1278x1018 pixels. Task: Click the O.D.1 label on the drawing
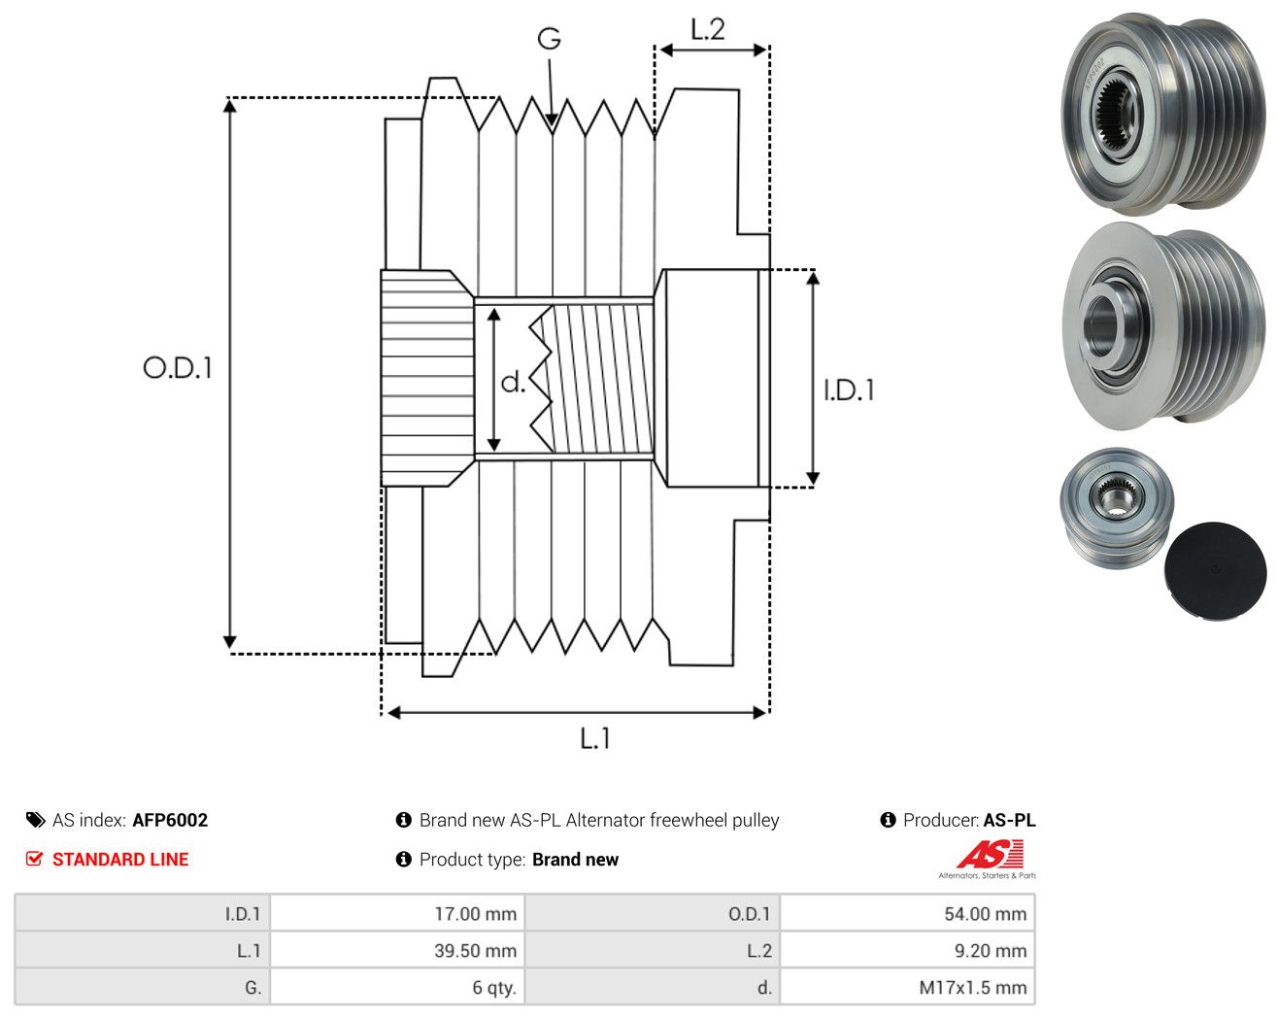coord(177,367)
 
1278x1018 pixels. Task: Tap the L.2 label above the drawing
coord(708,29)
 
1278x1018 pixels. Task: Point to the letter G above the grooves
coord(549,39)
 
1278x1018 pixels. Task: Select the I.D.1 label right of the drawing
coord(849,390)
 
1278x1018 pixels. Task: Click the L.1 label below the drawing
coord(594,738)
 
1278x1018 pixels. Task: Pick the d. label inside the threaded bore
coord(513,382)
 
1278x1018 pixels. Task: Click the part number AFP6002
coord(170,820)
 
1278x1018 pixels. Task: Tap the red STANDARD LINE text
coord(120,860)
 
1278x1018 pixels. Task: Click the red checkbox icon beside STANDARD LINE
coord(34,859)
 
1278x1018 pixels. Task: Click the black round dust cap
coord(1215,571)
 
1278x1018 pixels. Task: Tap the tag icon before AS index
coord(36,820)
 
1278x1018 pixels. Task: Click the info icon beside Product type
coord(403,860)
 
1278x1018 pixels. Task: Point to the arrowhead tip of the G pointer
coord(552,126)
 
